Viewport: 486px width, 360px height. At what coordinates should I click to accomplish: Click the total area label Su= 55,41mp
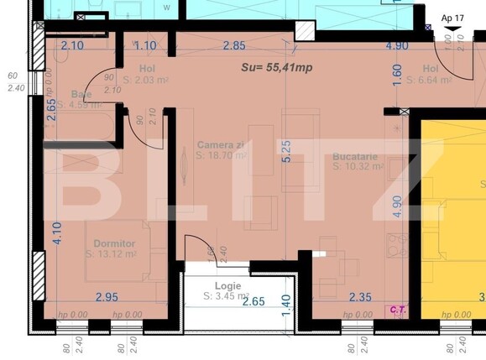click(x=277, y=68)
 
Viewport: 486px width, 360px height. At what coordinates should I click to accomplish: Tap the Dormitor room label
click(x=114, y=243)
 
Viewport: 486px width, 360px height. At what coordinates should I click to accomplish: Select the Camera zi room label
click(x=222, y=144)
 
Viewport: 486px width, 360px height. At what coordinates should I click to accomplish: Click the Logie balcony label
click(x=226, y=286)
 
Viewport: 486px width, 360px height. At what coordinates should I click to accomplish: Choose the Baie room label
click(x=81, y=94)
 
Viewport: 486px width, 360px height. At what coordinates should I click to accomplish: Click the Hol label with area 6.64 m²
click(x=431, y=69)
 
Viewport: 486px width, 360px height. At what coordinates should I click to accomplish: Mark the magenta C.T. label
click(x=397, y=309)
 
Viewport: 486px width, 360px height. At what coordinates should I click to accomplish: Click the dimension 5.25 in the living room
click(x=286, y=151)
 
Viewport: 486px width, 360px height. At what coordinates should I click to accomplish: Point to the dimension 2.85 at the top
click(x=233, y=46)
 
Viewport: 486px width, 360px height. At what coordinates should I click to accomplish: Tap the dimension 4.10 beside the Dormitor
click(x=55, y=232)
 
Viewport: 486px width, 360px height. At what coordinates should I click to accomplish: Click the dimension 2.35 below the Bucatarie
click(x=360, y=296)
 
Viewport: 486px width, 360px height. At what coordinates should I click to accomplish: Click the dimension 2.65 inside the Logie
click(x=253, y=301)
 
